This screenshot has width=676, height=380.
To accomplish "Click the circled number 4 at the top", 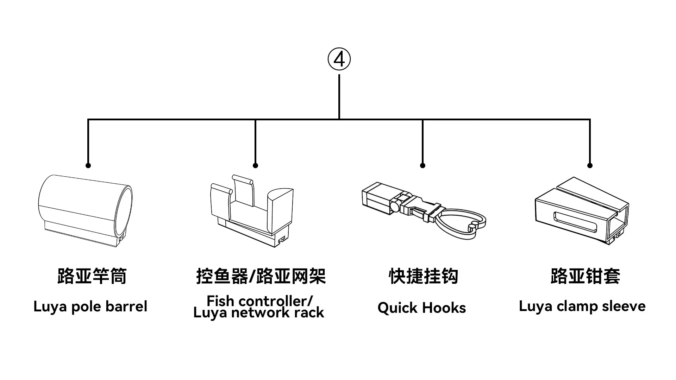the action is point(339,59).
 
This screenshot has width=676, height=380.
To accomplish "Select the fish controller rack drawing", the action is point(252,210).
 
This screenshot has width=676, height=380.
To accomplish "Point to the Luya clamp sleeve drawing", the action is point(582,210).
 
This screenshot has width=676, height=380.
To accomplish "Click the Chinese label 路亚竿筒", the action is point(92,276).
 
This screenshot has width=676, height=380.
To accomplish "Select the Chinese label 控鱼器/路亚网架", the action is point(261,276).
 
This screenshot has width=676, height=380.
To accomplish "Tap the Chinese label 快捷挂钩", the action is point(424,276).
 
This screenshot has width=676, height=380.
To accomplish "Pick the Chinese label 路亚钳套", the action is point(586,276).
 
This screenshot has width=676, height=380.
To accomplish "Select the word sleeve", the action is point(624,306).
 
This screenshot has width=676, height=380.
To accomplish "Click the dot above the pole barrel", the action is point(88,165).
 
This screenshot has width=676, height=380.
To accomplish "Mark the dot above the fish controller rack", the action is point(255,165).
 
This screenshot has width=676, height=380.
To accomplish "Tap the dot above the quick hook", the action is point(423,165).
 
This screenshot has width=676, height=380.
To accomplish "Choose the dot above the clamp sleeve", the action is point(590,165).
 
